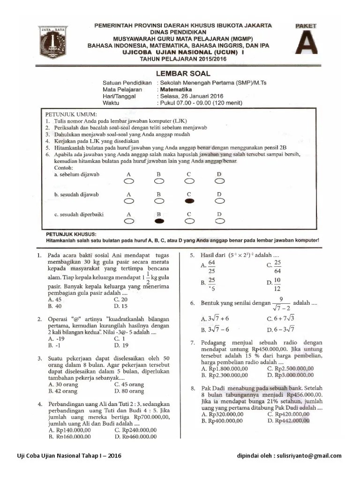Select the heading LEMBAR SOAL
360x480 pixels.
click(182, 74)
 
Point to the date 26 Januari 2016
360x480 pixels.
click(198, 95)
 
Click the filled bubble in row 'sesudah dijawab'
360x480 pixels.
click(189, 201)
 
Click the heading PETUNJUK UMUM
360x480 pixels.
click(71, 114)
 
